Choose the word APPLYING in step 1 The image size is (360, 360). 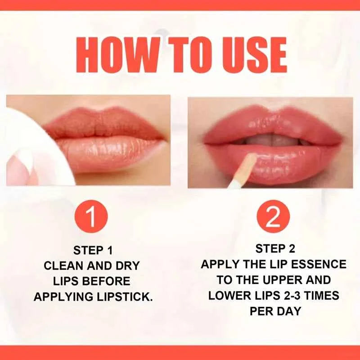pyautogui.click(x=63, y=297)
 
